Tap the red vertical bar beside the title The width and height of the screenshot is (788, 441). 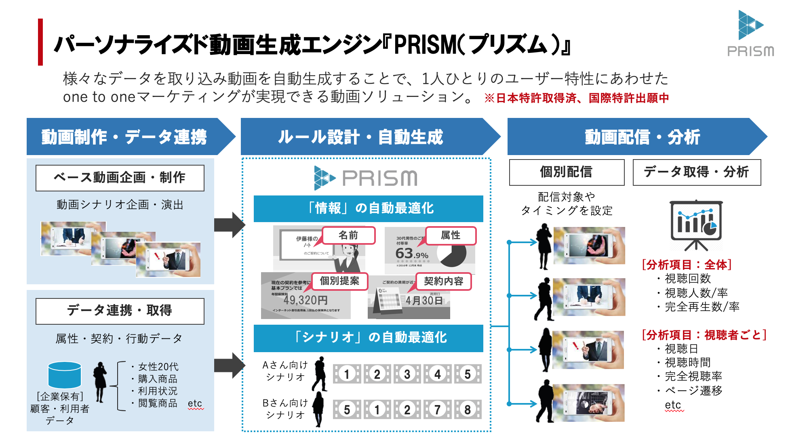(x=40, y=42)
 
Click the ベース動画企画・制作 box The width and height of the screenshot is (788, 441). (x=120, y=178)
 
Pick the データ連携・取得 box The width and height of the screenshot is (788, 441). (x=120, y=311)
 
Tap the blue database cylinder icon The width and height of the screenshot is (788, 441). (x=65, y=375)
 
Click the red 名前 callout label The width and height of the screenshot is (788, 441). (x=349, y=235)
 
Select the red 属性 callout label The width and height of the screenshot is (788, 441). (x=451, y=235)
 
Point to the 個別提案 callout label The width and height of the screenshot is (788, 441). (x=339, y=281)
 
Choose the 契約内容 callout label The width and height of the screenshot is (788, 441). (x=443, y=281)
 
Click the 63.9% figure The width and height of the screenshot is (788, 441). (x=411, y=254)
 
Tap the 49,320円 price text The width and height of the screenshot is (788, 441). (x=306, y=300)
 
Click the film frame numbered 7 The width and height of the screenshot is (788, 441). (x=437, y=409)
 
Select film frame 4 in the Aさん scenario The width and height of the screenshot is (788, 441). (x=437, y=374)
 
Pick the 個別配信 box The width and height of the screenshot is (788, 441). (x=567, y=172)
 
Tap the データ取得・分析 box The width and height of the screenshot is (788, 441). (x=697, y=172)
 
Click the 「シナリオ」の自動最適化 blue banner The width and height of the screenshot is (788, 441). (x=369, y=338)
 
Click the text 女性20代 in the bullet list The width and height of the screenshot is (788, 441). (x=158, y=367)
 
